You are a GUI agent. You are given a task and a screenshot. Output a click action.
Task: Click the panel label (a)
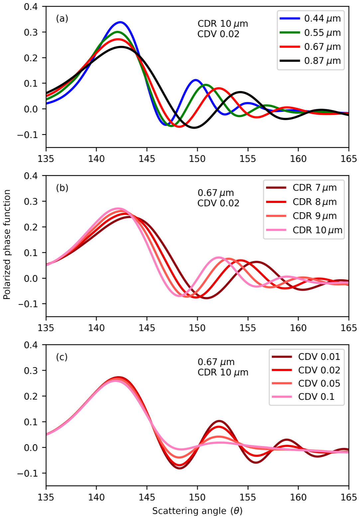coord(62,19)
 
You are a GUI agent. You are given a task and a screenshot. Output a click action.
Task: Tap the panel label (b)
coord(62,188)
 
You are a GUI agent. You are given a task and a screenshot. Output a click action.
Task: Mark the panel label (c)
coord(62,357)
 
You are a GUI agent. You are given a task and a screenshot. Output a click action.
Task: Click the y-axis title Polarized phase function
coord(7,245)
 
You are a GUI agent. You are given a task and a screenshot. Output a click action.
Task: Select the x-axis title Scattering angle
coord(197,511)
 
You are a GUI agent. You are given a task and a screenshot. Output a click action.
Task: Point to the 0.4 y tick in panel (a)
coord(31,7)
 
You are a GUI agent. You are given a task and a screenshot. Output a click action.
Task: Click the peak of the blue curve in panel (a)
coord(120,22)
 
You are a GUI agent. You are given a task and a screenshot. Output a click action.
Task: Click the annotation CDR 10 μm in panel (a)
coord(223,24)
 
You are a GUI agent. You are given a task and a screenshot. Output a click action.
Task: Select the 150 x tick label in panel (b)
coord(197,328)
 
